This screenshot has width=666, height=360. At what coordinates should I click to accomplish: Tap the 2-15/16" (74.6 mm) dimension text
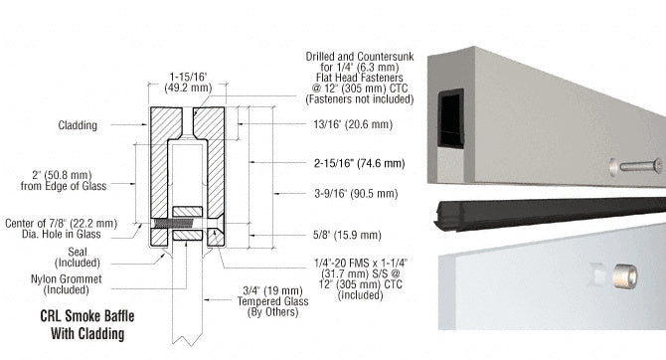pyautogui.click(x=344, y=161)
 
